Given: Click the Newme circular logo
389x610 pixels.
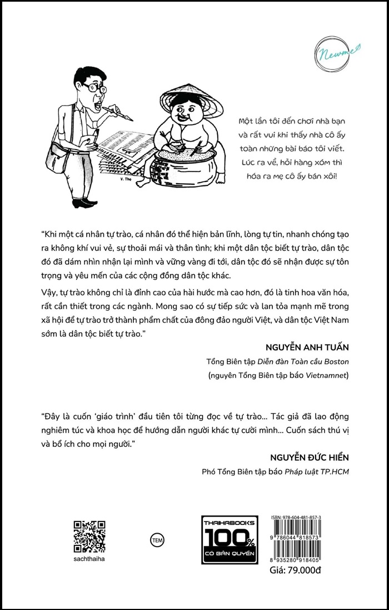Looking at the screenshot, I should pyautogui.click(x=334, y=51).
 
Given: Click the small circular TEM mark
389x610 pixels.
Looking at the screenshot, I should pyautogui.click(x=158, y=539).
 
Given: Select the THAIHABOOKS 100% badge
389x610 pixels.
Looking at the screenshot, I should pyautogui.click(x=228, y=539).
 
